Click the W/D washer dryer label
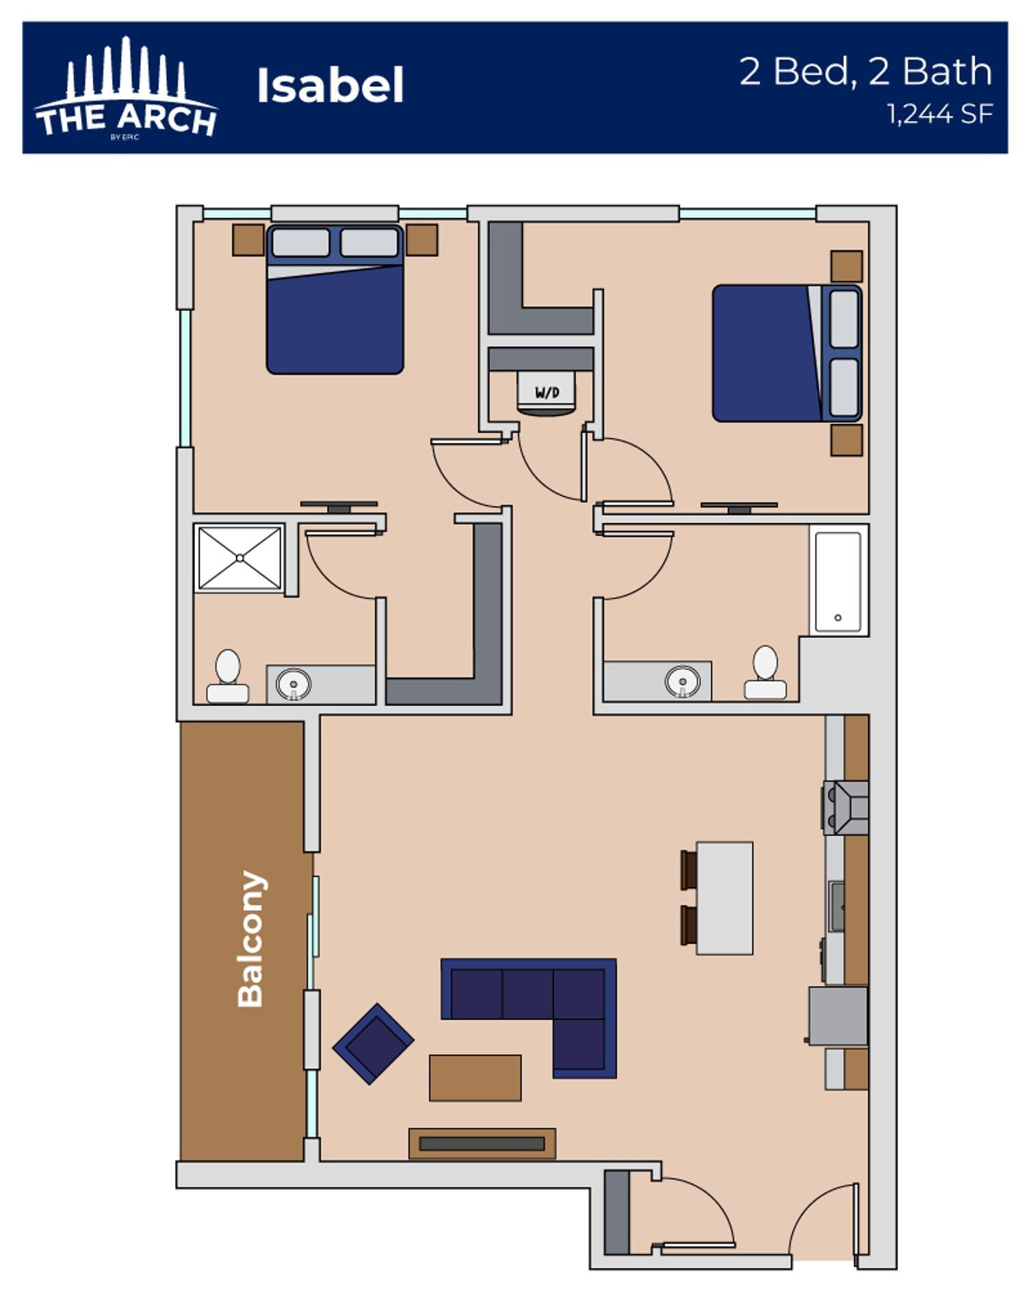546,393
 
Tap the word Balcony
250,939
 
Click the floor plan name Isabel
330,86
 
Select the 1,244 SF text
939,114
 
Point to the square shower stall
239,558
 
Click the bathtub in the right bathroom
838,579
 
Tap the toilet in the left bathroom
228,676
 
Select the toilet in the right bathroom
765,673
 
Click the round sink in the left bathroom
293,684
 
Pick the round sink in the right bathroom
682,682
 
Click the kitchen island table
724,898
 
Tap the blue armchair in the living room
373,1044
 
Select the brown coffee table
475,1078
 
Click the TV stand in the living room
482,1143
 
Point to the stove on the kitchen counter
846,808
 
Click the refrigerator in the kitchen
838,1016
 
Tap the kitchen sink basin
836,906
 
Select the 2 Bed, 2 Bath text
865,72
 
